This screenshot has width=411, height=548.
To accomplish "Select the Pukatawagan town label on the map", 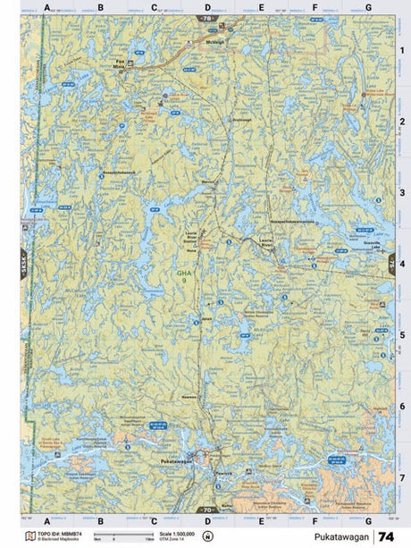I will (175, 460).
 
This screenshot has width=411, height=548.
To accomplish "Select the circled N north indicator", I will (207, 537).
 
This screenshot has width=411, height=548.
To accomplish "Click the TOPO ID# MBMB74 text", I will (55, 535).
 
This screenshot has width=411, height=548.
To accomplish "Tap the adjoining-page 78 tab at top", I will (207, 18).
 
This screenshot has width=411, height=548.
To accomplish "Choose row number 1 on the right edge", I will (402, 50).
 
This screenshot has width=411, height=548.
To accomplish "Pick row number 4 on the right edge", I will (402, 265).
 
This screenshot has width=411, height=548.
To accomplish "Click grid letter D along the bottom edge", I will (207, 520).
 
